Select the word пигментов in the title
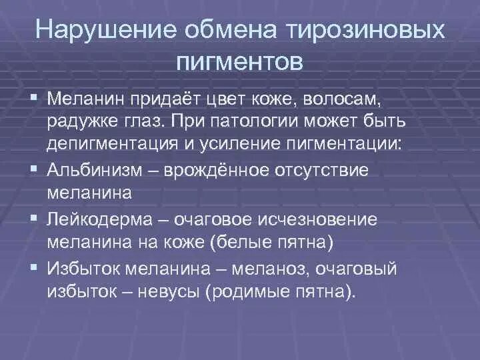pyautogui.click(x=240, y=62)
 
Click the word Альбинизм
pyautogui.click(x=95, y=169)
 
